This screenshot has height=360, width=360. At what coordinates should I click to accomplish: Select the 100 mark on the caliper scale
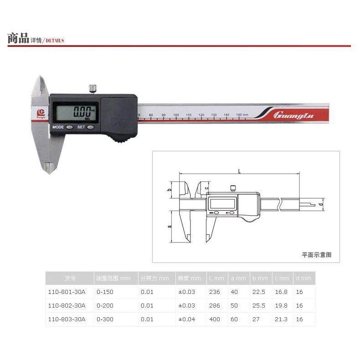coord(176,114)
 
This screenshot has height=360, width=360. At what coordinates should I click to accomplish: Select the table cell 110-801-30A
coord(67,292)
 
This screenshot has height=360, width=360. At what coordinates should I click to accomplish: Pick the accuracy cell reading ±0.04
coord(186,319)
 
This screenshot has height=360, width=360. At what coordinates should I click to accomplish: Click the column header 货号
coord(70,278)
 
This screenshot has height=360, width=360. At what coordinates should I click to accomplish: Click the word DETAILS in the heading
coord(54,41)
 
